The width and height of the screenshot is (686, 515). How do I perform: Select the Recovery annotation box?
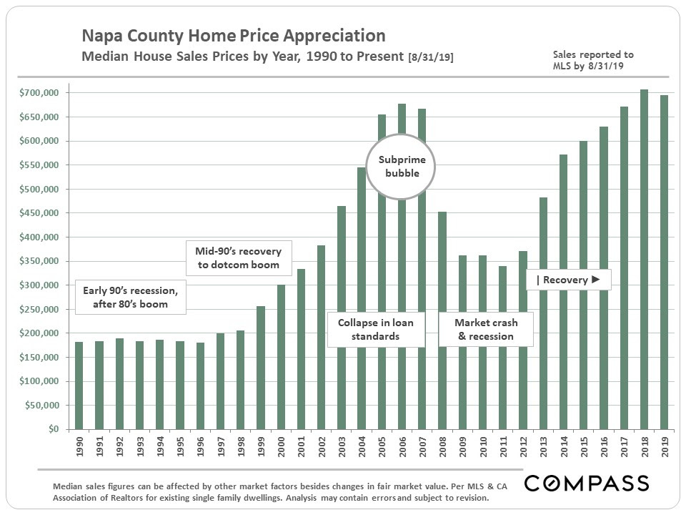pyautogui.click(x=569, y=280)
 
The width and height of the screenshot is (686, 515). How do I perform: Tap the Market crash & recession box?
pyautogui.click(x=486, y=329)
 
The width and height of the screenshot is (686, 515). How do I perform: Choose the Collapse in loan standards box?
pyautogui.click(x=375, y=329)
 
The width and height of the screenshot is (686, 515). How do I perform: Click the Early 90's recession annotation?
pyautogui.click(x=130, y=297)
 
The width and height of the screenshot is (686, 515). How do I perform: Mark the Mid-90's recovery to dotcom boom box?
pyautogui.click(x=238, y=258)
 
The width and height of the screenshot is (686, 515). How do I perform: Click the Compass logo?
pyautogui.click(x=587, y=484)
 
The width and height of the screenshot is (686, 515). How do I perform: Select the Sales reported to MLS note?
pyautogui.click(x=593, y=60)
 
